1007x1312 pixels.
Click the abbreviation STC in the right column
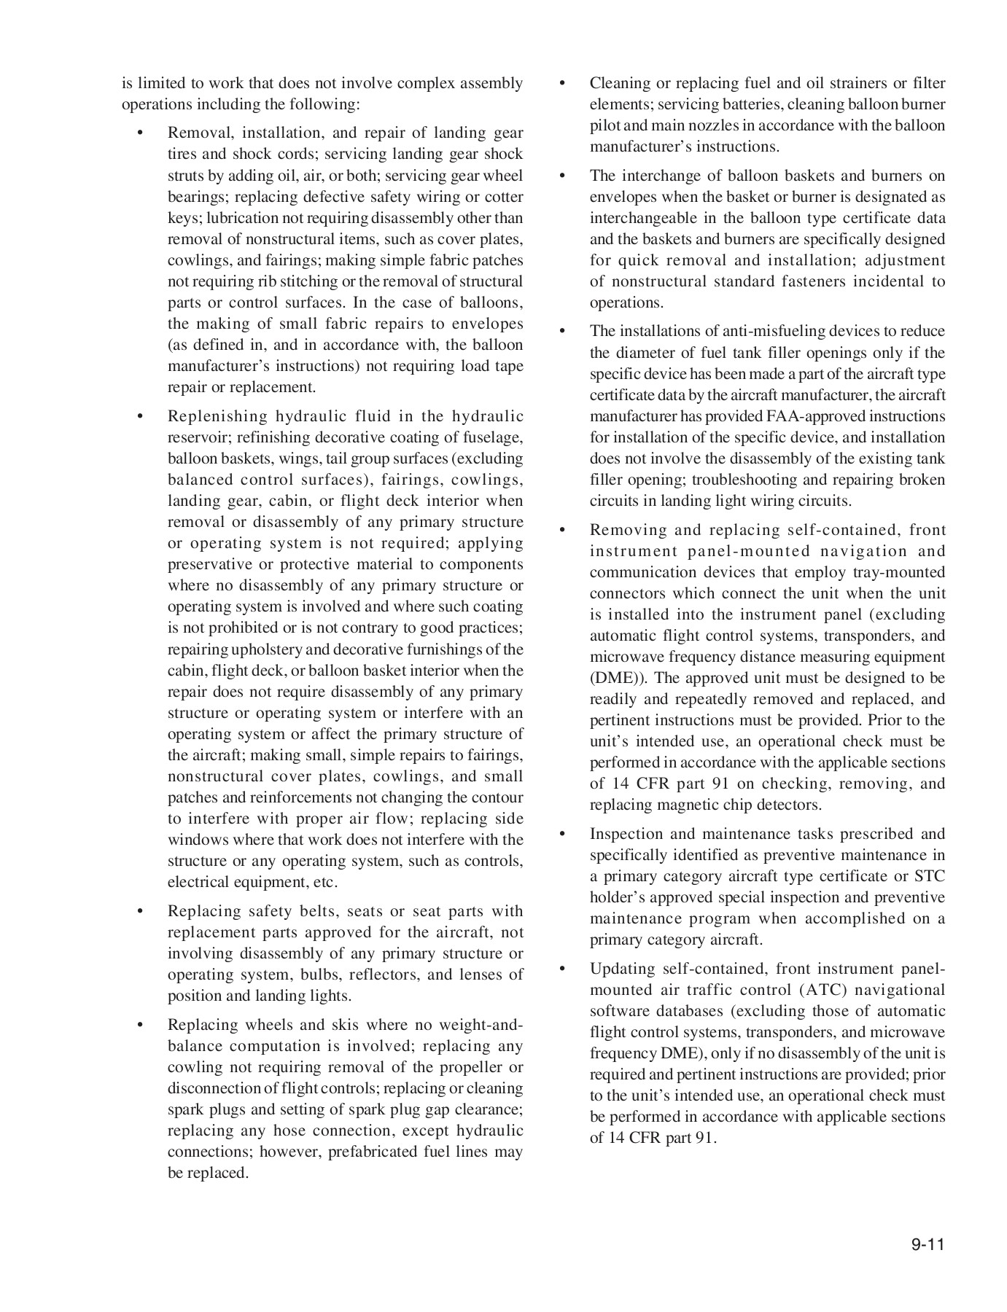pos(930,876)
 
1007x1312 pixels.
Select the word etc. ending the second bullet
pos(325,882)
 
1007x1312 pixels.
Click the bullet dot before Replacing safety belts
pos(140,912)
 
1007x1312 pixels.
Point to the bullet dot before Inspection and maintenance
pos(562,835)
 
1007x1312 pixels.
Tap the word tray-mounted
pos(904,572)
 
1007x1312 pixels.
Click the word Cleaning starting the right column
pos(620,83)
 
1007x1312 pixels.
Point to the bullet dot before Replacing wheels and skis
pos(140,1026)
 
